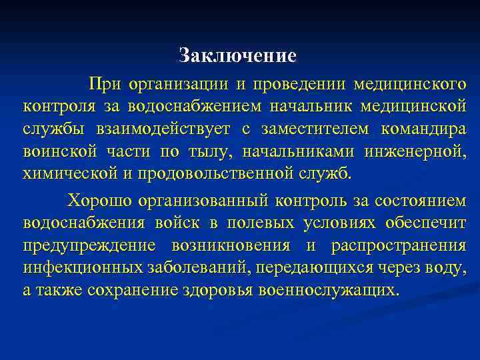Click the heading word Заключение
pyautogui.click(x=237, y=55)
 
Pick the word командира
pyautogui.click(x=424, y=129)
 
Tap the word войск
pyautogui.click(x=188, y=223)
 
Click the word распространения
pyautogui.click(x=398, y=245)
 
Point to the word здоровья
pyautogui.click(x=221, y=291)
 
